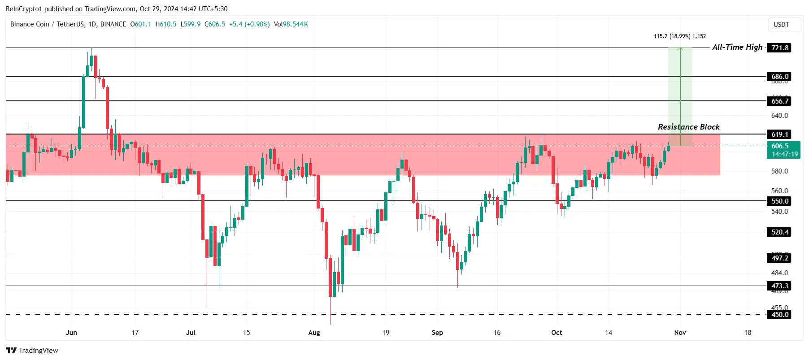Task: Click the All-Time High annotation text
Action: (737, 47)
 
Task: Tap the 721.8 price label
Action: (779, 48)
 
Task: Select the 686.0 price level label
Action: (779, 77)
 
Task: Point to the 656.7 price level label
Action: (779, 101)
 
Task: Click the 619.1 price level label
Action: (779, 134)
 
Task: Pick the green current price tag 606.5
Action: (784, 150)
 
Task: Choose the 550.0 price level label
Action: (779, 201)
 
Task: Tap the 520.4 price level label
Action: (779, 232)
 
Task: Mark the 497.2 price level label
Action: (779, 258)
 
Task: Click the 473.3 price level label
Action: (779, 286)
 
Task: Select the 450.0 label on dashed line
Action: (779, 314)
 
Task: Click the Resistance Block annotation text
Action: (688, 127)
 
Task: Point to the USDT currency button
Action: (781, 25)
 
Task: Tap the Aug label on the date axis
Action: (314, 333)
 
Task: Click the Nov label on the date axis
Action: (680, 333)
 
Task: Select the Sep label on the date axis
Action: (437, 333)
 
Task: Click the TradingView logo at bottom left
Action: (32, 350)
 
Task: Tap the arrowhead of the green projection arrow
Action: (680, 49)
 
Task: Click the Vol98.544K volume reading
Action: (291, 24)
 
